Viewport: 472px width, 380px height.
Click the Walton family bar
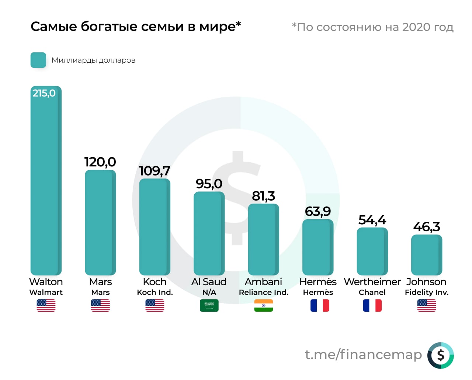tap(46, 184)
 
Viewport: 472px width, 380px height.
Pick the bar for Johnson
tap(427, 255)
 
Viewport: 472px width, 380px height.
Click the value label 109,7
tap(155, 171)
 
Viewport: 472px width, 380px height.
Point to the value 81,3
tap(263, 196)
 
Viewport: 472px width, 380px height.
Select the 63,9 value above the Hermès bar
tap(318, 211)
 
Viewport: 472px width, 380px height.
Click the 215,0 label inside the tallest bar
tap(44, 93)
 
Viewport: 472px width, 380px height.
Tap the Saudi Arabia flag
tap(209, 305)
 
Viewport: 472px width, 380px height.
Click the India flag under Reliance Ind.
tap(263, 305)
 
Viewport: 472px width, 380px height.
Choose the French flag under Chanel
tap(372, 305)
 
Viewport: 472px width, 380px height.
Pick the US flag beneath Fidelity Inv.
tap(427, 305)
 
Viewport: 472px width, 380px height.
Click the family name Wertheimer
tap(372, 282)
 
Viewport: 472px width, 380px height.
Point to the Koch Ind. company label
tap(155, 293)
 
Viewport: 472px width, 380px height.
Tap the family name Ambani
tap(263, 282)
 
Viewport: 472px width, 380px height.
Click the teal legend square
tap(38, 60)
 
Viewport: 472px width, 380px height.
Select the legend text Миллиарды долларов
tap(93, 60)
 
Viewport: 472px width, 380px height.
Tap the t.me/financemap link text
tap(363, 355)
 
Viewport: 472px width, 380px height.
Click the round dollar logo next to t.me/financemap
tap(441, 355)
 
